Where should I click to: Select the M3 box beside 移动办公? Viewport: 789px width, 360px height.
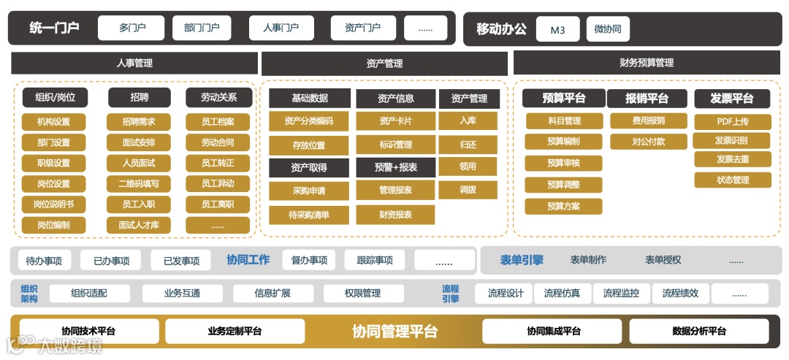pos(558,29)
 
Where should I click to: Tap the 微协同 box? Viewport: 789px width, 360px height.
pos(607,29)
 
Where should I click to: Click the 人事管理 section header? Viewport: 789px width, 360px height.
pos(134,63)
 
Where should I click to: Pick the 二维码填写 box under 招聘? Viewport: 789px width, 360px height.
pos(139,183)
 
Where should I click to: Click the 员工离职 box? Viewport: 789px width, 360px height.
pos(218,204)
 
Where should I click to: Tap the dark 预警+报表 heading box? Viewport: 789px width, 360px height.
pos(395,167)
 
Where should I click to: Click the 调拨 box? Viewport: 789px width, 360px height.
pos(468,190)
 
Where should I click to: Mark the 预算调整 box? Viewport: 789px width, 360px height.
pos(563,185)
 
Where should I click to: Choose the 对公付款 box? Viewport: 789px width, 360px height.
pos(648,141)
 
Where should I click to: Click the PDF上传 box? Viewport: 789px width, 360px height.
pos(732,121)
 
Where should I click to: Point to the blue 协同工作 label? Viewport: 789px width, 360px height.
pos(248,259)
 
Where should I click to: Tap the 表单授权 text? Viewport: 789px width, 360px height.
pos(663,260)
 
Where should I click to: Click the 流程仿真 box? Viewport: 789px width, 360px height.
pos(562,294)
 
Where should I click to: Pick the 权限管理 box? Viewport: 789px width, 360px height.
pos(363,294)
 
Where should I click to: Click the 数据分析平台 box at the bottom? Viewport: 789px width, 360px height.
pos(699,331)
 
